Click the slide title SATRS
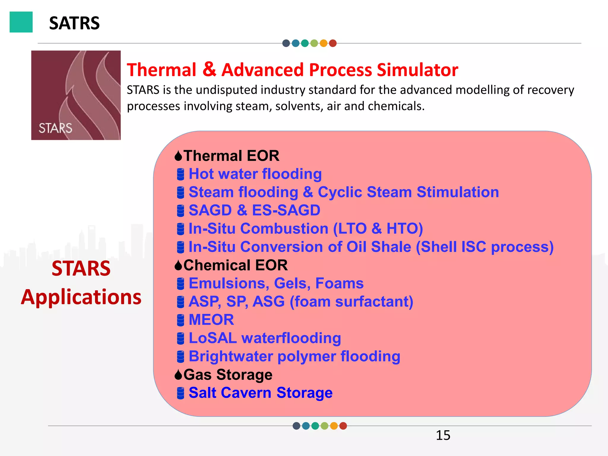[x=74, y=23]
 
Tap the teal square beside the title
[x=21, y=22]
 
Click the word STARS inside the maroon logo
[x=56, y=128]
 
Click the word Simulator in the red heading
[x=417, y=70]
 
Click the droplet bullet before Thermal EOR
[x=178, y=156]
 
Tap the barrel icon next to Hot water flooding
[x=180, y=174]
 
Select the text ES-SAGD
[x=286, y=210]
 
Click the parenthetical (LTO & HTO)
[x=378, y=229]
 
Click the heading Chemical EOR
[x=235, y=265]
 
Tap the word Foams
[x=339, y=283]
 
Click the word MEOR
[x=211, y=320]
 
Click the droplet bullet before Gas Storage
[x=178, y=375]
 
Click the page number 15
[x=443, y=435]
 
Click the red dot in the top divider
[x=333, y=43]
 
